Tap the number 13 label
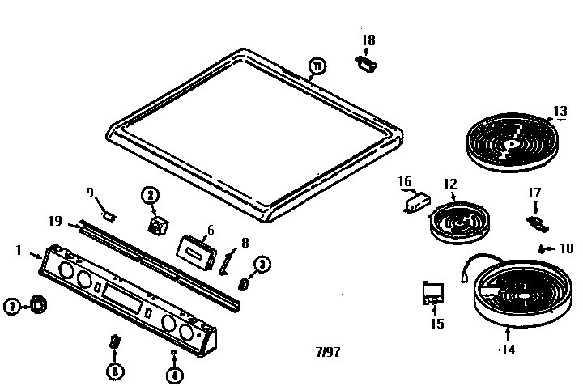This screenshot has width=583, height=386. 560,112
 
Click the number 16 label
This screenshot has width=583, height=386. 405,182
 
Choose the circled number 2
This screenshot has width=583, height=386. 149,194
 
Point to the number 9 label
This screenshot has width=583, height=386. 91,192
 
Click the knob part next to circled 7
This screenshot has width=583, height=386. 37,304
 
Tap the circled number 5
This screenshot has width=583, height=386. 114,371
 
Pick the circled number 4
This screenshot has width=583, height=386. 173,375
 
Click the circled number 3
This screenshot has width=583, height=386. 262,264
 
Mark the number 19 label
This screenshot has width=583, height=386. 54,219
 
